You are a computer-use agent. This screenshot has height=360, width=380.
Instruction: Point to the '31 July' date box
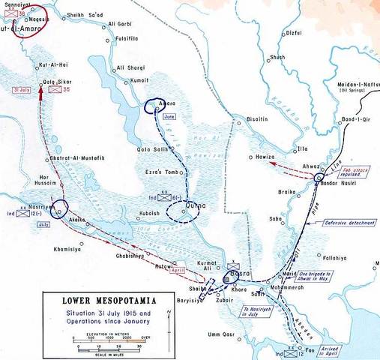pyautogui.click(x=22, y=91)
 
